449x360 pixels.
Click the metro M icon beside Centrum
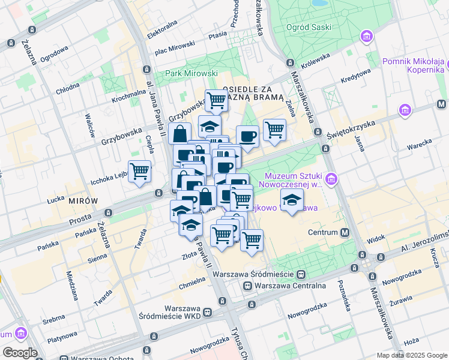(x=345, y=232)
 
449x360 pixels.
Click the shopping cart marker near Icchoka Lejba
(x=139, y=171)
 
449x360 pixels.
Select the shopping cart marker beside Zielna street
(x=274, y=128)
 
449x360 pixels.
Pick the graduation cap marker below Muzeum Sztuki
(x=292, y=200)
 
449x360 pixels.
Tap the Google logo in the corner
(x=19, y=353)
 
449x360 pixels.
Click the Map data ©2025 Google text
(x=411, y=355)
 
